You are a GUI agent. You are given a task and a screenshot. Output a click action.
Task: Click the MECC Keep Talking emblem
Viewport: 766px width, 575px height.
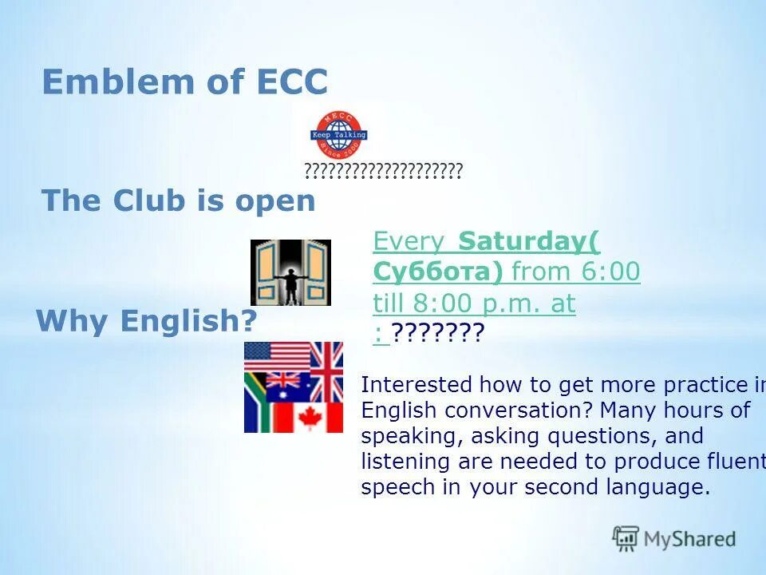[338, 134]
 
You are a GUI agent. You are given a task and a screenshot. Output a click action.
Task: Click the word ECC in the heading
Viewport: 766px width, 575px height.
[291, 82]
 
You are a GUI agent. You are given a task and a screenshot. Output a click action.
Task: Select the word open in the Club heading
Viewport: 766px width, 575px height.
[274, 200]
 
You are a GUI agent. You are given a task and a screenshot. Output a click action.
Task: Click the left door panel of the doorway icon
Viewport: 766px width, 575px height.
[265, 272]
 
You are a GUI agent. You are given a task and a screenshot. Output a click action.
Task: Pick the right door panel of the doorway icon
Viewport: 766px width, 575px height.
[317, 272]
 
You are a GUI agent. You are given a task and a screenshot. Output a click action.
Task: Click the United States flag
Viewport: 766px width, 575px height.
[276, 356]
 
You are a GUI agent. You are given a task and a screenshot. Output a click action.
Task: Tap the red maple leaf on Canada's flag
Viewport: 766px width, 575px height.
[308, 418]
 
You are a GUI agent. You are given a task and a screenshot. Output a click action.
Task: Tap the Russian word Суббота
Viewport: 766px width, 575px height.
[436, 272]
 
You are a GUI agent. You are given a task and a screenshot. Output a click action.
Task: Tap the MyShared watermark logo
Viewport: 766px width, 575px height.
[674, 538]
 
